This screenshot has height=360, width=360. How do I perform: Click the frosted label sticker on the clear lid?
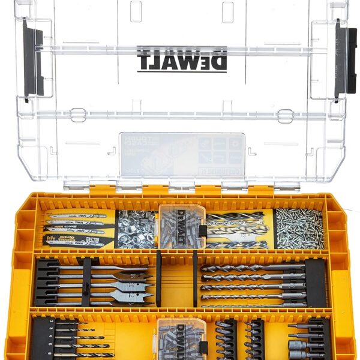182,155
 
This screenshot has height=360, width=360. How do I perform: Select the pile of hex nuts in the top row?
136,229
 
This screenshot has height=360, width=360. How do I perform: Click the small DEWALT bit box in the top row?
181,227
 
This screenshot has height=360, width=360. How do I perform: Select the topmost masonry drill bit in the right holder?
252,268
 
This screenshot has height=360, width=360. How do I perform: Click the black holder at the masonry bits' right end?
315,282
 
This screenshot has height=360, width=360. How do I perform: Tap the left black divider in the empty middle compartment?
159,278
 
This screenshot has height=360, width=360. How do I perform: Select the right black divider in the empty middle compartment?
194,278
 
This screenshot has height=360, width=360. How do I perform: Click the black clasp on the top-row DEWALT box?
203,231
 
